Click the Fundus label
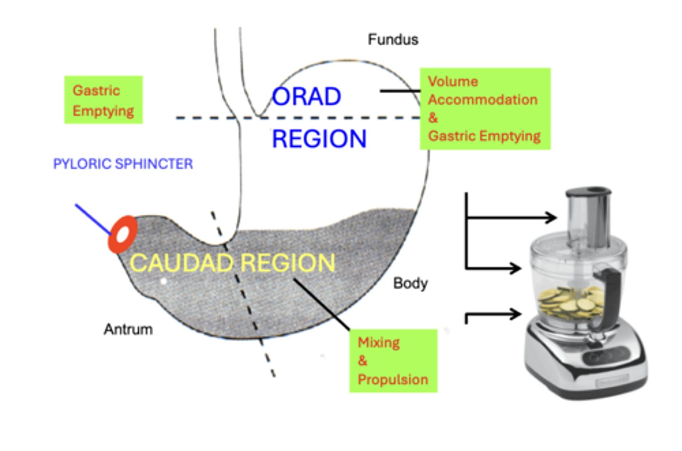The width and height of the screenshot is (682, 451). click(x=393, y=39)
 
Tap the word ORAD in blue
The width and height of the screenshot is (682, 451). click(x=307, y=97)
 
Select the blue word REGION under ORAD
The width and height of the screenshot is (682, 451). click(x=319, y=139)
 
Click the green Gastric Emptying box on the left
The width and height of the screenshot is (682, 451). click(x=103, y=100)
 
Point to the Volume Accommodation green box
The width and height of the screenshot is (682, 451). click(x=485, y=109)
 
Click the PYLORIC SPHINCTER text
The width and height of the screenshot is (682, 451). click(x=123, y=164)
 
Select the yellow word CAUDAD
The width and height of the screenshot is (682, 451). click(x=181, y=263)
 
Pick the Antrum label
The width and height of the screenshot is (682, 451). click(x=128, y=329)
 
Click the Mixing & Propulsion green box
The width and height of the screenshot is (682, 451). click(x=393, y=361)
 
